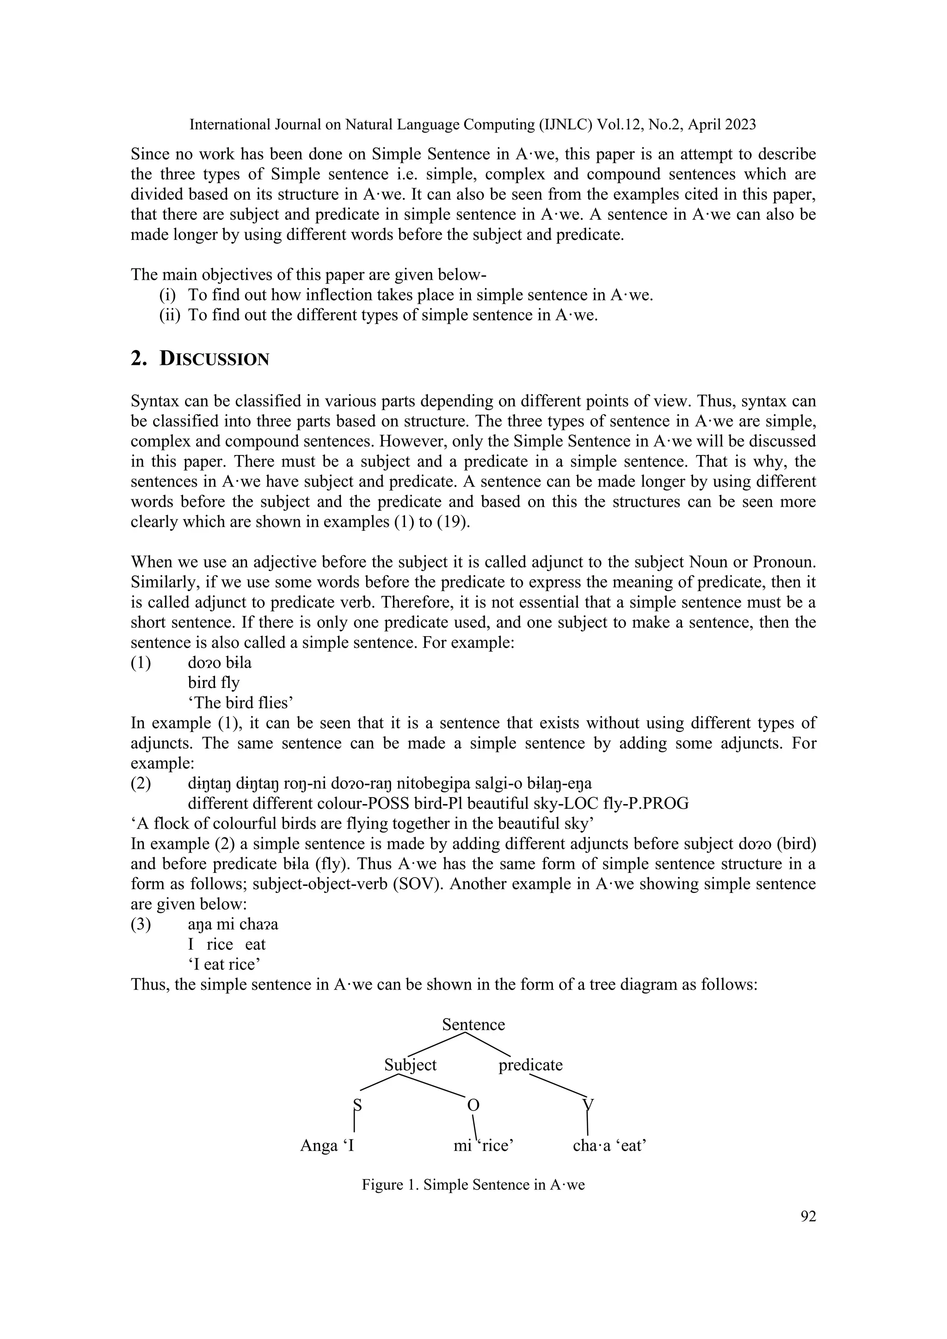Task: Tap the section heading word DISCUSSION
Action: coord(214,359)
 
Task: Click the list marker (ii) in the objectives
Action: coord(170,315)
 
